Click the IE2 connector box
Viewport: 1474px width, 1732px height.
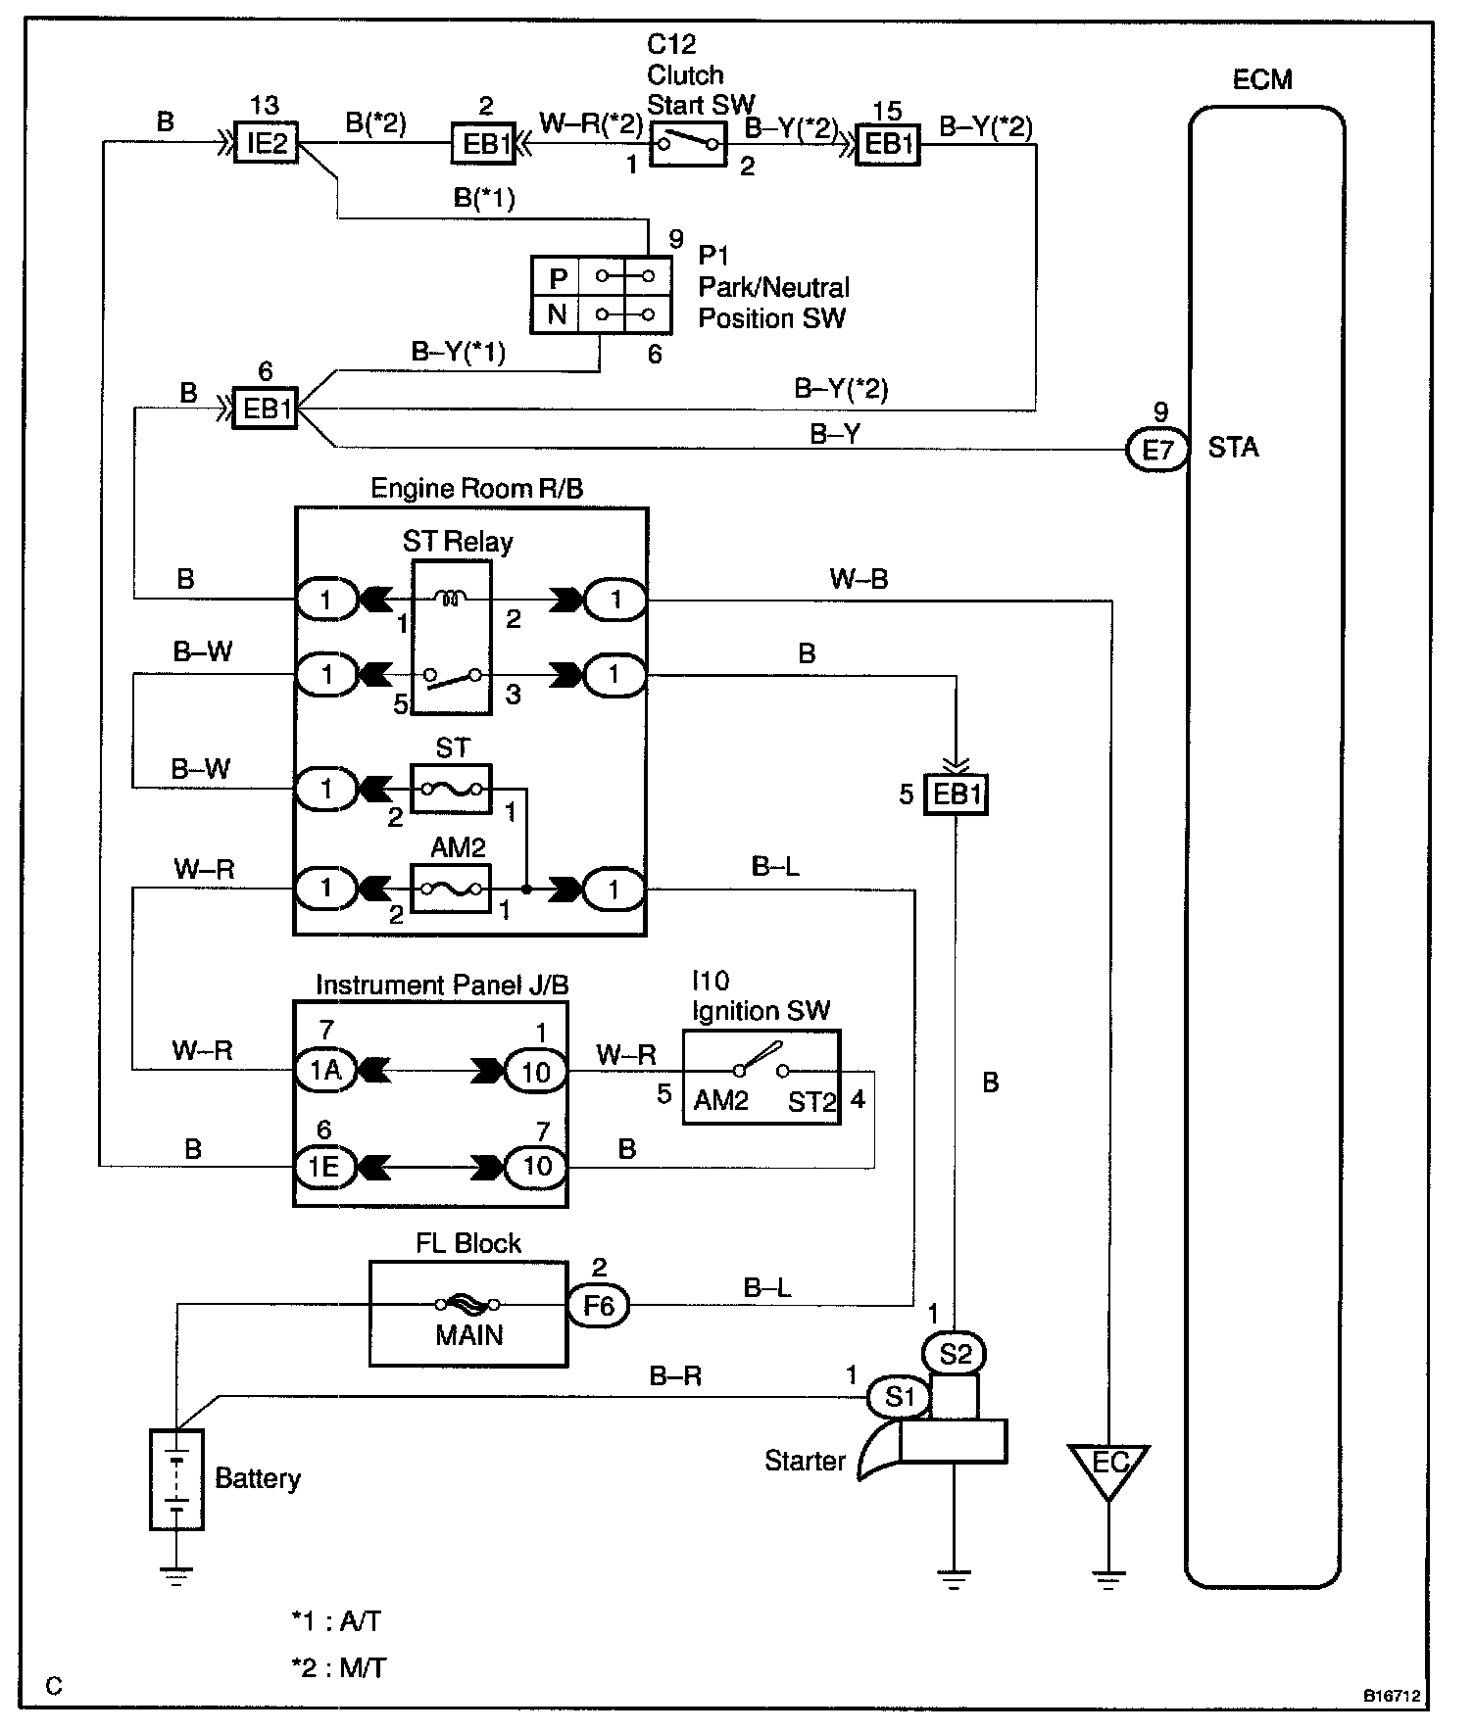[267, 145]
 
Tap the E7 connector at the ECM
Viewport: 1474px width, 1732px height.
[1157, 450]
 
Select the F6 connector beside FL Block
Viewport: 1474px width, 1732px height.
[599, 1305]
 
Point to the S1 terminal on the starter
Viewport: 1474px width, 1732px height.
[899, 1397]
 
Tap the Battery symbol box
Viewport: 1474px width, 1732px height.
[176, 1479]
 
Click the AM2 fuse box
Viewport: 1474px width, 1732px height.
[451, 889]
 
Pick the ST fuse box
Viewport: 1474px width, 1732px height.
[451, 789]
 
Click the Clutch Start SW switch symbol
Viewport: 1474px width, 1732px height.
[688, 144]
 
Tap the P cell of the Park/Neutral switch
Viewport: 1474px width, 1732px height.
[556, 277]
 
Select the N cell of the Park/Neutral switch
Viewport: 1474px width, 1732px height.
[556, 315]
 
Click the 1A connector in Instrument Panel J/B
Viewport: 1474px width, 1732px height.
[325, 1070]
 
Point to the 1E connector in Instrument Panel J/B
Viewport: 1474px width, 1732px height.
[325, 1166]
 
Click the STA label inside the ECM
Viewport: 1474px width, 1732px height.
[1233, 448]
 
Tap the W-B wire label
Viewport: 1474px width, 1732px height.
[859, 579]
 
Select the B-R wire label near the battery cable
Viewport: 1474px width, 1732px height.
[676, 1376]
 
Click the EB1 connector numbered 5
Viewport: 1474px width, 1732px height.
[957, 794]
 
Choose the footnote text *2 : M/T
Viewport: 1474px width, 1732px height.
[338, 1666]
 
